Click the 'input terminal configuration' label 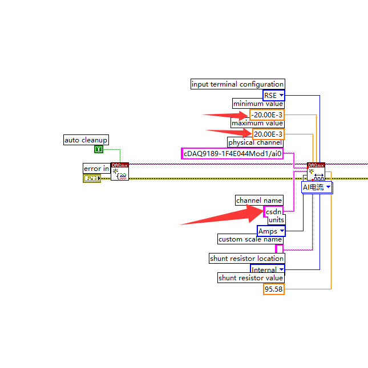point(237,84)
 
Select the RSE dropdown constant point(273,96)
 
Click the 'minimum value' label point(258,104)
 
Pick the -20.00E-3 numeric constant point(266,115)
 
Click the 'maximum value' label point(257,123)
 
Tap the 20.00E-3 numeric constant point(268,134)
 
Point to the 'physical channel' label point(255,142)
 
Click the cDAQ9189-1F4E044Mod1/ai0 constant point(232,153)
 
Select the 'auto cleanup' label point(86,140)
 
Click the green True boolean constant point(99,149)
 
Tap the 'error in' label point(96,169)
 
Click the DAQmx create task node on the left point(120,171)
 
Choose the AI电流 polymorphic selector point(317,187)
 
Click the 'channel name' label point(260,201)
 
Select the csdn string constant point(274,211)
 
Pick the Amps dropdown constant point(271,231)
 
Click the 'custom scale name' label point(250,239)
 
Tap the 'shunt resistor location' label point(246,259)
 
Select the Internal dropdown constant point(267,270)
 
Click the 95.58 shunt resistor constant point(273,289)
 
